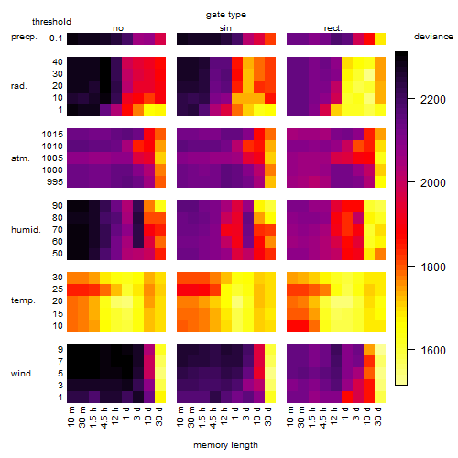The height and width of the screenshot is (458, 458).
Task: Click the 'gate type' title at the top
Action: point(226,15)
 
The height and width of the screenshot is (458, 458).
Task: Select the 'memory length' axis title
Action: point(225,445)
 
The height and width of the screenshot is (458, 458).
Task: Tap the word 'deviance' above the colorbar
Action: point(433,37)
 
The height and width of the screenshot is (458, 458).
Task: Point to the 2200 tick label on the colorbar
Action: point(433,100)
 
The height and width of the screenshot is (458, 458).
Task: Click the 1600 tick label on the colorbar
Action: point(433,350)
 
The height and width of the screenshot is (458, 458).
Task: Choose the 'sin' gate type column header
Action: point(225,28)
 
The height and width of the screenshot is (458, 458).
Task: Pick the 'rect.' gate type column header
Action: point(333,28)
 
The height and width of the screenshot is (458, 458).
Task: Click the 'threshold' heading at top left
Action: point(51,22)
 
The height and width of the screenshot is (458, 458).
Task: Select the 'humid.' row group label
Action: point(26,230)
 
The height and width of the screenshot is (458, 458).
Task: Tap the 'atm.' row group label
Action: point(20,158)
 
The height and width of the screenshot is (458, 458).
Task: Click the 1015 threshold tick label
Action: point(52,135)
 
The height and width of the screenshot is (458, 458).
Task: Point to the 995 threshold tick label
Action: point(55,182)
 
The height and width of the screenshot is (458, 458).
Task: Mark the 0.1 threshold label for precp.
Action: point(56,38)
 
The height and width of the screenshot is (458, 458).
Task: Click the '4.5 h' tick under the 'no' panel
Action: point(104,418)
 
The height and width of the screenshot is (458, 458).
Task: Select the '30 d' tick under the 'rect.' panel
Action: point(378,416)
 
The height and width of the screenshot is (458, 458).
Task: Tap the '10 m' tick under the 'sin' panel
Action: point(180,417)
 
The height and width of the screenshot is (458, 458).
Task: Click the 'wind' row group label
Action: point(21,374)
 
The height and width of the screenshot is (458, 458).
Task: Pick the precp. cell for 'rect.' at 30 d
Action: point(380,38)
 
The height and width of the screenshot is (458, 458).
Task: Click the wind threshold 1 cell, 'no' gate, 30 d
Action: point(160,397)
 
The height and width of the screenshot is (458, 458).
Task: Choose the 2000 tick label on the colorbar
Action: point(433,183)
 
